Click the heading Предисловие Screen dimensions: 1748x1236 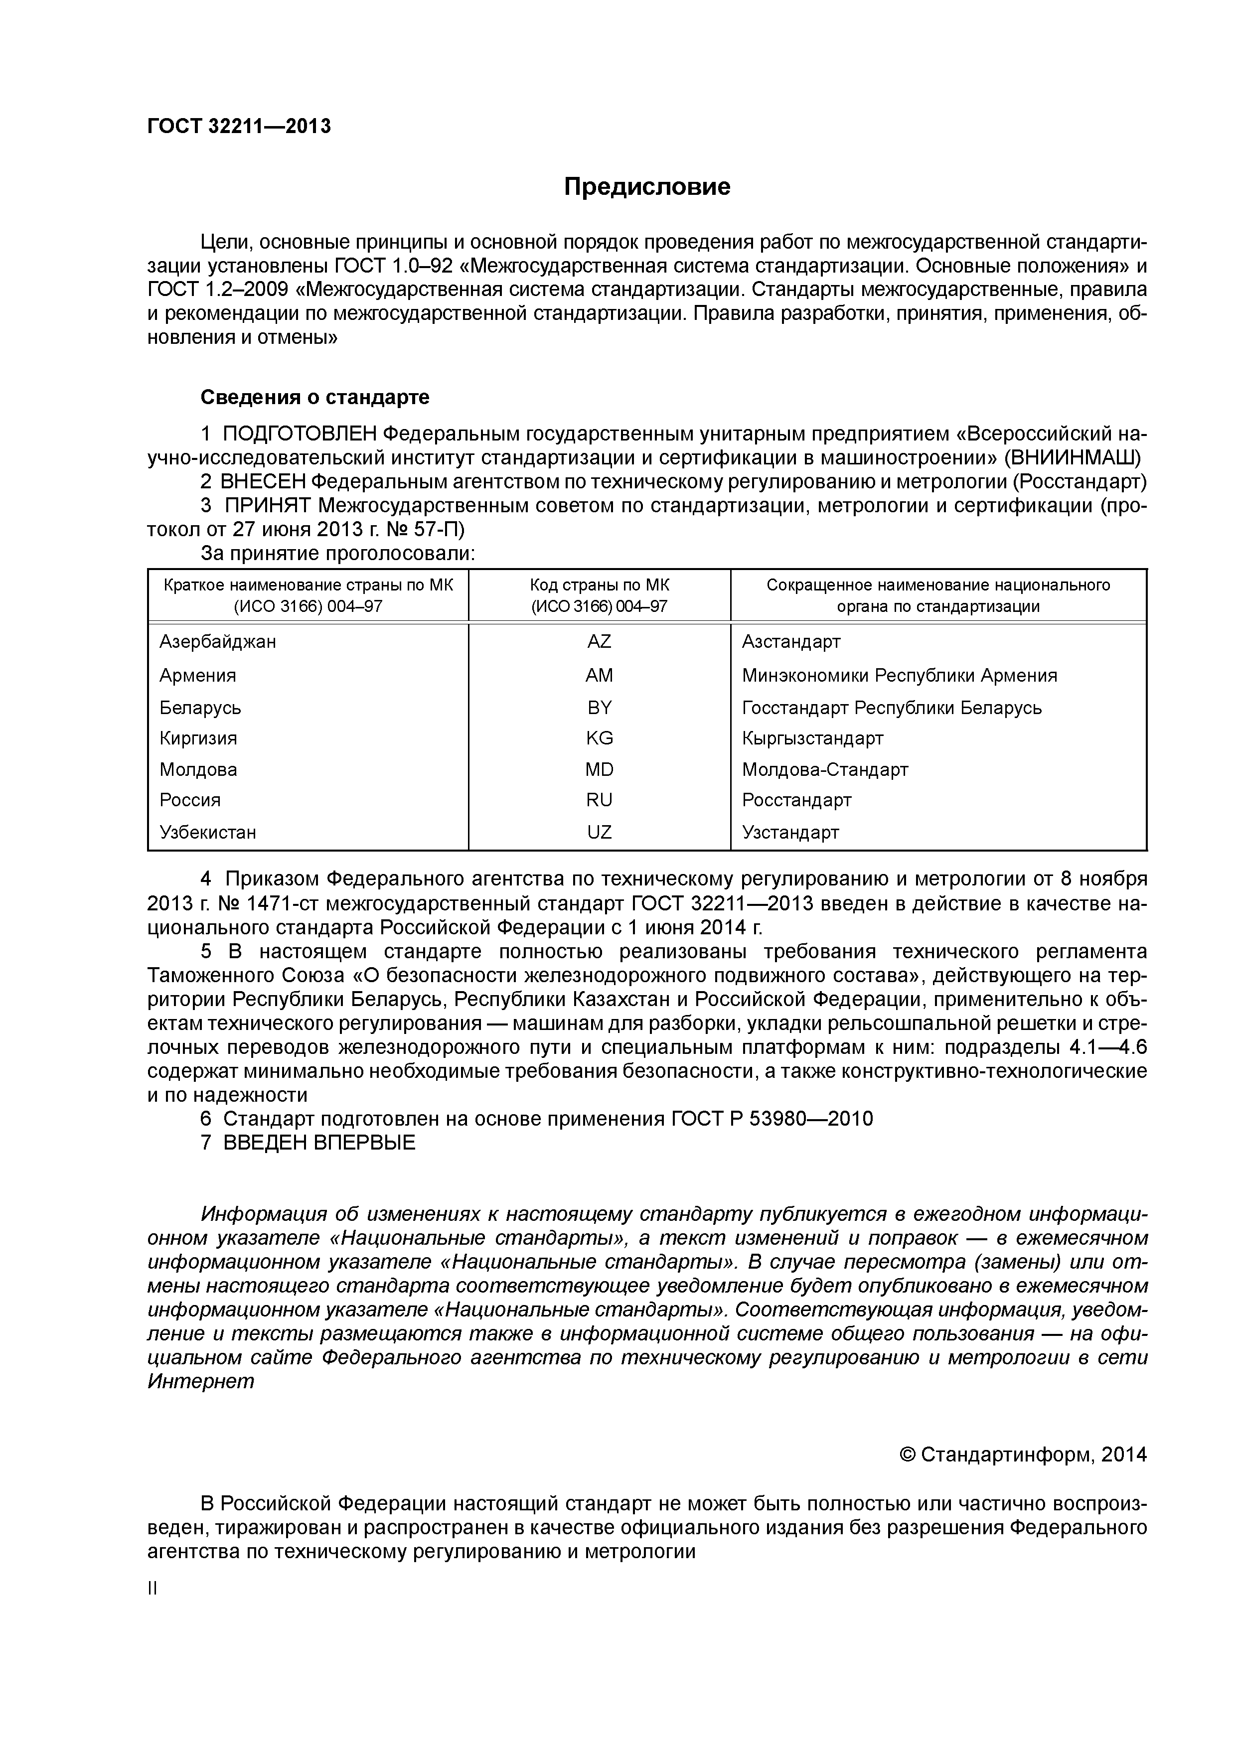coord(646,186)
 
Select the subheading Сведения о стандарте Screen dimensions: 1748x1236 coord(314,398)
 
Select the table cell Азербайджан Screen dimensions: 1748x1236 coord(218,642)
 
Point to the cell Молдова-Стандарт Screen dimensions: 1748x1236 coord(825,770)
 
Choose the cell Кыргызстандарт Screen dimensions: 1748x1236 coord(812,738)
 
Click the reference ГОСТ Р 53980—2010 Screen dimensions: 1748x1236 coord(772,1118)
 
